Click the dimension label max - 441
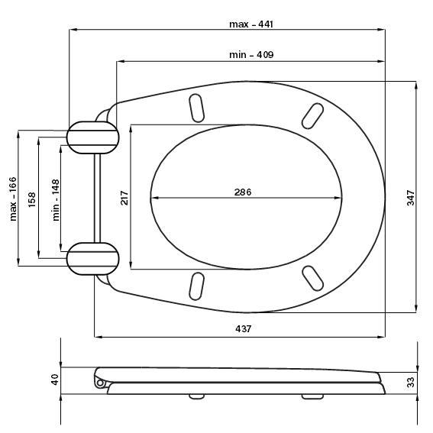point(251,24)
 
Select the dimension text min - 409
point(251,55)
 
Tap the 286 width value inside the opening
point(243,192)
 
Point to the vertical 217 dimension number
point(124,198)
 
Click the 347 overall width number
point(411,198)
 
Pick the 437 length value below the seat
point(244,328)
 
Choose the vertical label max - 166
point(13,199)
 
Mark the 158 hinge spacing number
point(32,199)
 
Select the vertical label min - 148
point(56,200)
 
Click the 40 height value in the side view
point(55,380)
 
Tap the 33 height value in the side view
point(411,382)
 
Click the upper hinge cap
point(93,137)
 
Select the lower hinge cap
point(93,259)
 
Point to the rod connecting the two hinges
point(97,198)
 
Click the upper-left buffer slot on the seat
point(196,108)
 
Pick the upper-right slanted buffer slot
point(312,116)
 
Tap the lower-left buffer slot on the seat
point(196,286)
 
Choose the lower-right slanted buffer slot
point(312,278)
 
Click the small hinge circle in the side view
point(100,383)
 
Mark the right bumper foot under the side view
point(312,396)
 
